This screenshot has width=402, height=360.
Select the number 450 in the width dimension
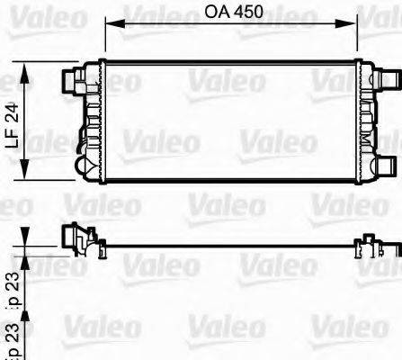point(246,12)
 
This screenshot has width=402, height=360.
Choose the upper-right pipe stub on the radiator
point(388,79)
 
